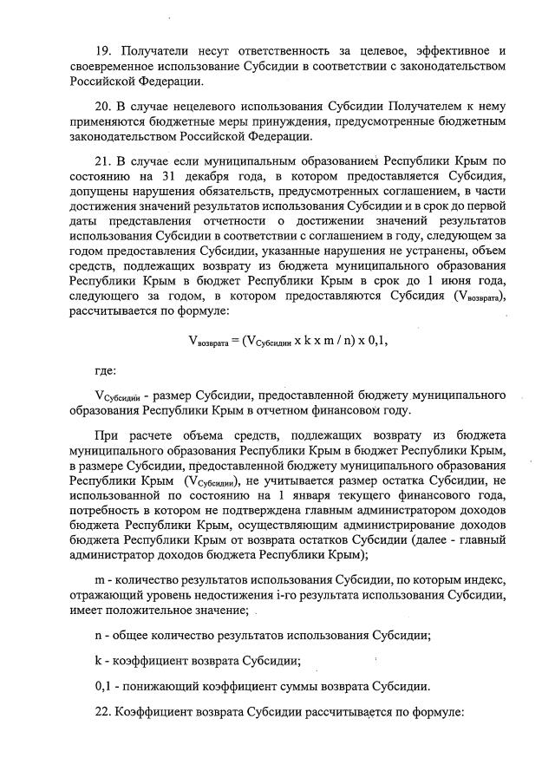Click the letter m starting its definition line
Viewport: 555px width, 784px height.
pos(99,579)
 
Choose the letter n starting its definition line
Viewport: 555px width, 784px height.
pos(98,634)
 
